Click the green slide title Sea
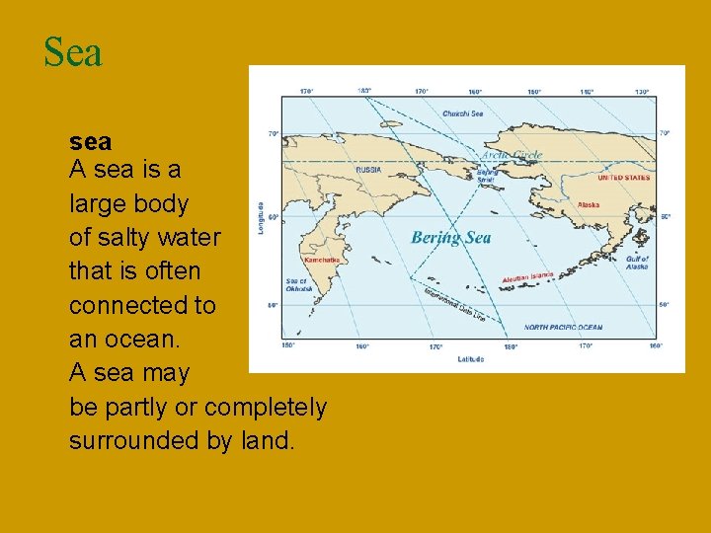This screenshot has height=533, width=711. point(73,53)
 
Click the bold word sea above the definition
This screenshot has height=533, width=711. point(90,142)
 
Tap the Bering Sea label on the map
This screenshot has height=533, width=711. point(450,238)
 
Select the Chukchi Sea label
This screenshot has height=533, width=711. point(462,114)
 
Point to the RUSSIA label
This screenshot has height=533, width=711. point(367,169)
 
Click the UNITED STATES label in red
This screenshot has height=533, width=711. point(624,178)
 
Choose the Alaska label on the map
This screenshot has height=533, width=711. point(589,205)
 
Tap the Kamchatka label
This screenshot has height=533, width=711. point(322,260)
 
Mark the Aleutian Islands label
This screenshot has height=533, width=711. point(527,277)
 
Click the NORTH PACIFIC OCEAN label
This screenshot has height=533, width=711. point(563,328)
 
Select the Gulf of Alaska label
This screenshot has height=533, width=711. point(637,263)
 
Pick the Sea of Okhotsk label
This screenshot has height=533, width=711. point(296,285)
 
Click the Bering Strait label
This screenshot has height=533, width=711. point(488,177)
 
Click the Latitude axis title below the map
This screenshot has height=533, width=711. point(471,359)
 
